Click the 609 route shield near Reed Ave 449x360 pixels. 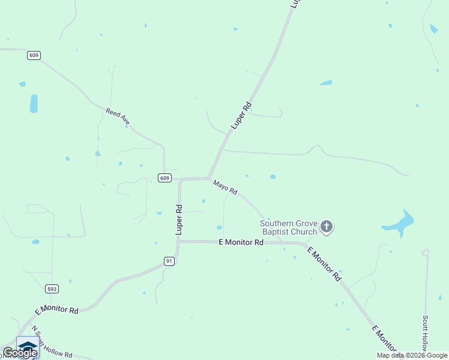[34, 55]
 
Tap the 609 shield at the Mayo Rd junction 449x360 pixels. [166, 178]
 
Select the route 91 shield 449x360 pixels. [170, 261]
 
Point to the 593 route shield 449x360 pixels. [52, 289]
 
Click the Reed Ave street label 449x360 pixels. [118, 116]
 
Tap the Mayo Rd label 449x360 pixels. [225, 187]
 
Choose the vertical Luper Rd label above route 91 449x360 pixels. [179, 219]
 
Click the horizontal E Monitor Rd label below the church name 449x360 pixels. [241, 242]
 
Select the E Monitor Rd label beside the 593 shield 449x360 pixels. [57, 310]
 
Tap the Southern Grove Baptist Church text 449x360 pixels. [288, 227]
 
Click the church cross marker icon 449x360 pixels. [327, 227]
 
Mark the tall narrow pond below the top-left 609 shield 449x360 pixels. [34, 103]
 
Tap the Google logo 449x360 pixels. [20, 353]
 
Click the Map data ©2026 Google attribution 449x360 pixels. [412, 355]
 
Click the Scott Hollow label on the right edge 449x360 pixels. [425, 334]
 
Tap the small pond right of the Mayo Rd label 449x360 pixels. [273, 176]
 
